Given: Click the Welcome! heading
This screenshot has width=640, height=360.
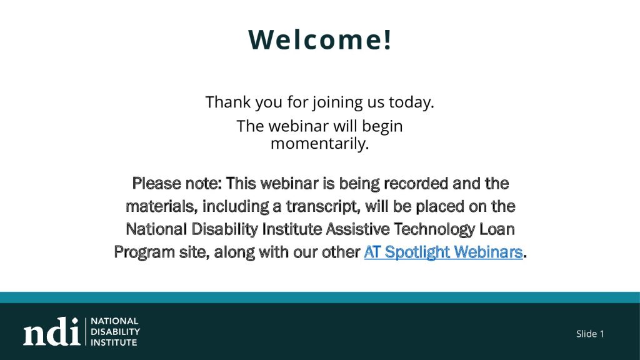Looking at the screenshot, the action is [319, 39].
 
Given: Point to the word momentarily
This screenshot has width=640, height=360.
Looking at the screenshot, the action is [319, 144].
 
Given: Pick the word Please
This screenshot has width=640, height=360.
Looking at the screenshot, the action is [157, 183].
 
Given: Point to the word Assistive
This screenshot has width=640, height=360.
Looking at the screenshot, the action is [357, 229].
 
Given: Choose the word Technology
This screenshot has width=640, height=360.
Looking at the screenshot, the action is [434, 229].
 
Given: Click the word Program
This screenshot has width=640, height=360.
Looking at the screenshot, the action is [144, 252].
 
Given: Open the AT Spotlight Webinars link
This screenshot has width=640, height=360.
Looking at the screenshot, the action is [443, 252].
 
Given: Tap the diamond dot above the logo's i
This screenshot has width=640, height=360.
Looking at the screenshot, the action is [75, 321].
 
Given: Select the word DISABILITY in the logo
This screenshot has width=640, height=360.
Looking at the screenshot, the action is [115, 332].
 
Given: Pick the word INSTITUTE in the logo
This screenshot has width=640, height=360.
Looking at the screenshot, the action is [114, 342].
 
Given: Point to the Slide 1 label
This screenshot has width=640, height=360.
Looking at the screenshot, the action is [590, 334].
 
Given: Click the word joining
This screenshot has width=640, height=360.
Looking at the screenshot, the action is [337, 102].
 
